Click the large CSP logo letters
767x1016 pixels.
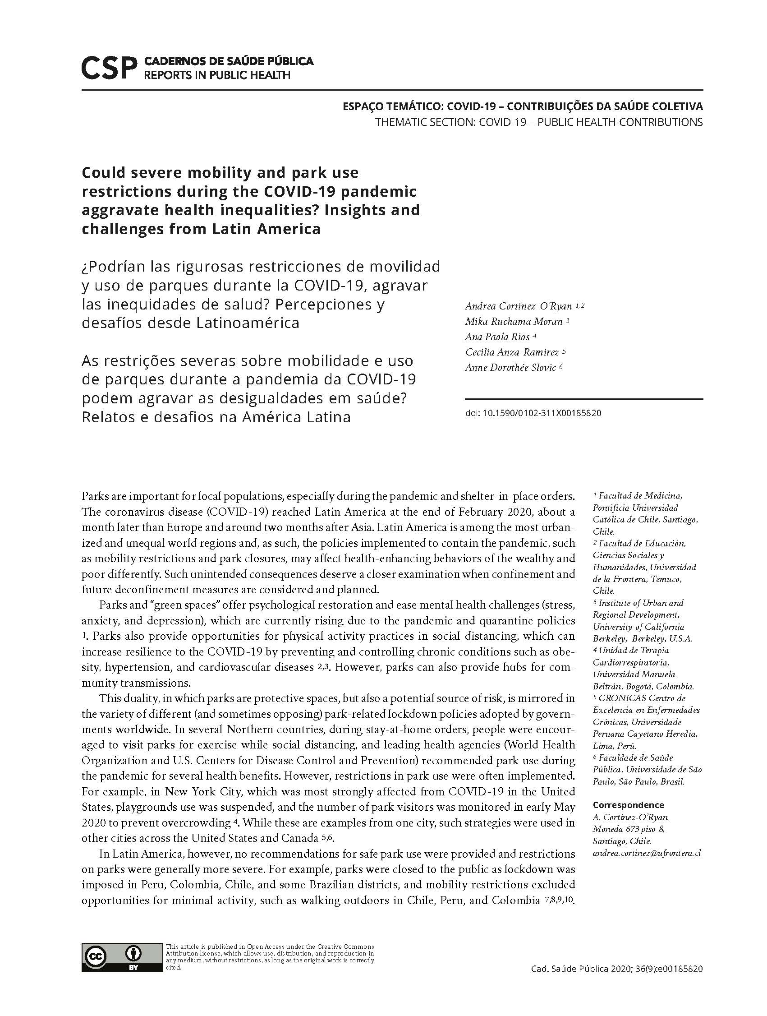109,68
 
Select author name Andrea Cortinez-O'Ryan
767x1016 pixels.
518,306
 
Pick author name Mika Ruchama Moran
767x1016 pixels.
514,322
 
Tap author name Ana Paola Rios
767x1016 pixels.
497,337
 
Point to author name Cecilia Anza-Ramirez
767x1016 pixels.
512,352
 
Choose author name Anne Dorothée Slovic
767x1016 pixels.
510,367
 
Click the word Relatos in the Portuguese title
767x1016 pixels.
110,417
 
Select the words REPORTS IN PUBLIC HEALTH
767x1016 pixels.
217,75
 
